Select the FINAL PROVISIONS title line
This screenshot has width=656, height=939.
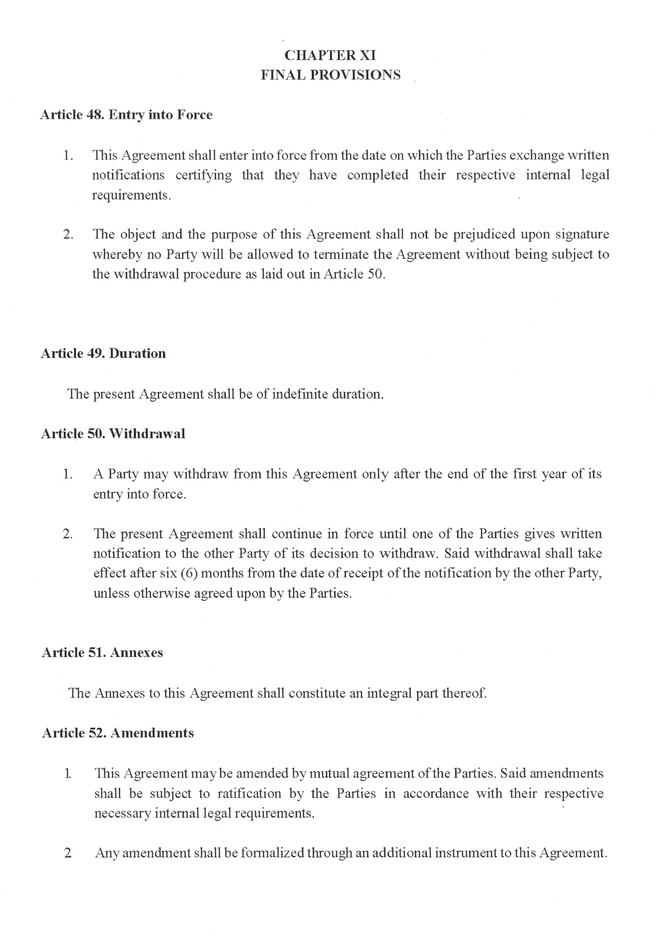pyautogui.click(x=331, y=75)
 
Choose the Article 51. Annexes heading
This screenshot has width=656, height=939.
pyautogui.click(x=102, y=652)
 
